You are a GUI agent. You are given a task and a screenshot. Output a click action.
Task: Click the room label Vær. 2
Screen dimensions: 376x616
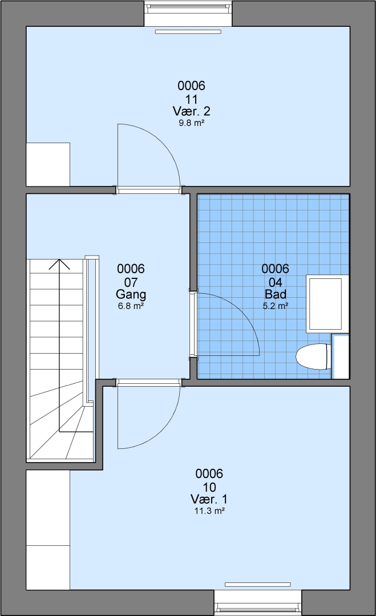tap(191, 111)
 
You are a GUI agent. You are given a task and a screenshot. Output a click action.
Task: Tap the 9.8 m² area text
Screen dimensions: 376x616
tap(191, 123)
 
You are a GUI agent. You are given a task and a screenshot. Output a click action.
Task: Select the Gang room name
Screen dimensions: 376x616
tap(131, 294)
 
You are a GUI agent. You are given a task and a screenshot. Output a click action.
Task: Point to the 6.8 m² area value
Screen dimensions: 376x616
tap(131, 306)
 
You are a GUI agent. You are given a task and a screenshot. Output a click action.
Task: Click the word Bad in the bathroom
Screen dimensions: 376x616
tap(276, 294)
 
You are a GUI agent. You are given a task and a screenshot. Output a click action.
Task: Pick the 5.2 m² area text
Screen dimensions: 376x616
tap(276, 306)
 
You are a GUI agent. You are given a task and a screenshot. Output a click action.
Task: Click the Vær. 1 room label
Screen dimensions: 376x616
tap(209, 499)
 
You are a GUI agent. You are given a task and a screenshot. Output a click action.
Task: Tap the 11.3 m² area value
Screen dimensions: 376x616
tap(209, 511)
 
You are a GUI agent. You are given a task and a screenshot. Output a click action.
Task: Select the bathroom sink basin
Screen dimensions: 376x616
tap(325, 303)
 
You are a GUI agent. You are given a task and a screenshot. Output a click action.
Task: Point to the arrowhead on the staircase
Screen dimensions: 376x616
tap(59, 264)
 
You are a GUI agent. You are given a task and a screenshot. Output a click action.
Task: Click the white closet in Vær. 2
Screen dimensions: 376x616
tap(48, 164)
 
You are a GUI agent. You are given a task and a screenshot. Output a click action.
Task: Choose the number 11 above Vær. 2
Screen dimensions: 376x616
tap(191, 99)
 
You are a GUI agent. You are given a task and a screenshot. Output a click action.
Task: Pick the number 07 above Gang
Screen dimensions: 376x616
tap(131, 282)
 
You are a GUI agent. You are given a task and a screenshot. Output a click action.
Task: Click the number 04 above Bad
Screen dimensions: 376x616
tap(276, 282)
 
